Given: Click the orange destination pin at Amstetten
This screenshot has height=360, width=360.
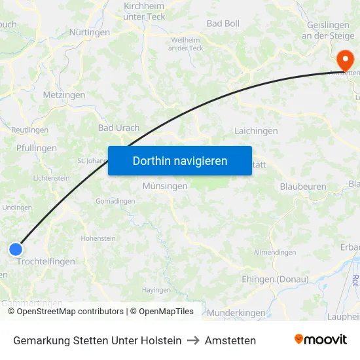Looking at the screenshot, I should click(344, 61).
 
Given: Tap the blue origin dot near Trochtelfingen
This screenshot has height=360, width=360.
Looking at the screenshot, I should click(16, 249).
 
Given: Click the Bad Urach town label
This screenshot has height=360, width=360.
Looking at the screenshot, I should click(118, 128).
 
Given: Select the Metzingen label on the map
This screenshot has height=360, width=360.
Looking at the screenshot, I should click(63, 95).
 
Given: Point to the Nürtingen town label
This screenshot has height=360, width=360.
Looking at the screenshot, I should click(90, 32).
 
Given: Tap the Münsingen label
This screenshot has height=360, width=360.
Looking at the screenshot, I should click(165, 186).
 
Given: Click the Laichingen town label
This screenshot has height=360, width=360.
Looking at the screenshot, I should click(256, 131).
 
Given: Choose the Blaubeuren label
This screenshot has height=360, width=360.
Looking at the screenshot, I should click(303, 187).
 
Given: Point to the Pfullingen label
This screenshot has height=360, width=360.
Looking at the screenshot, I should click(37, 149).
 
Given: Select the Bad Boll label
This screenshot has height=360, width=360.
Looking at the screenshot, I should click(223, 24).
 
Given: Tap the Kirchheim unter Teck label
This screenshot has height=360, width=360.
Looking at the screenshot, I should click(145, 11).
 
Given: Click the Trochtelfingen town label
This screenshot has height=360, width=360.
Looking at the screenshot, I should click(46, 261).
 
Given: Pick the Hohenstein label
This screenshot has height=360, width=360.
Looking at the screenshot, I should click(98, 238).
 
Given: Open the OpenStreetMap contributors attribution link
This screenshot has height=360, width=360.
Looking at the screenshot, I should click(70, 312).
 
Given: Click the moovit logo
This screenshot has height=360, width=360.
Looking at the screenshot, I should click(320, 340).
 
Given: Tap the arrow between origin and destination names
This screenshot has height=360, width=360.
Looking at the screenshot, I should click(193, 340).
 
